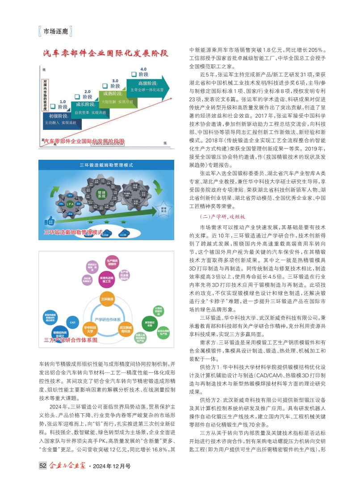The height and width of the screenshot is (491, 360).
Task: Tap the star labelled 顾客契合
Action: [x=164, y=209]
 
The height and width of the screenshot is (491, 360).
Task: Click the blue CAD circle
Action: [x=72, y=322]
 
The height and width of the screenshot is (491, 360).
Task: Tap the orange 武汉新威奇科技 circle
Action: [x=126, y=329]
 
